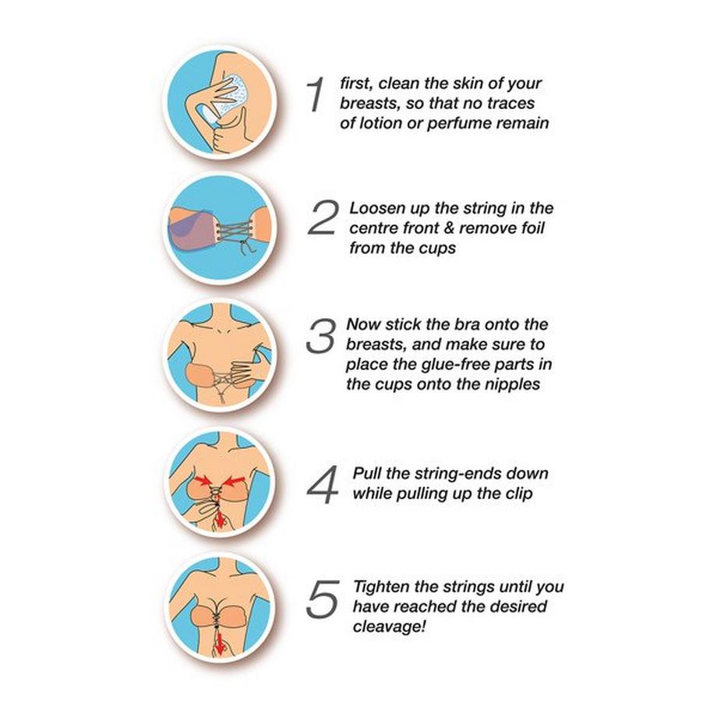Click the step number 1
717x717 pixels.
316,94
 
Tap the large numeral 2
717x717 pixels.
323,217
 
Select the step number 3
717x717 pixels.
320,336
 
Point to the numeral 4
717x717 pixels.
323,486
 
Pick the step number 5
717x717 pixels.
323,599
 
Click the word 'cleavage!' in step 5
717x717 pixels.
389,627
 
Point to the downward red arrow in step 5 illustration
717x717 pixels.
221,645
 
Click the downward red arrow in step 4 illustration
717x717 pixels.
221,518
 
